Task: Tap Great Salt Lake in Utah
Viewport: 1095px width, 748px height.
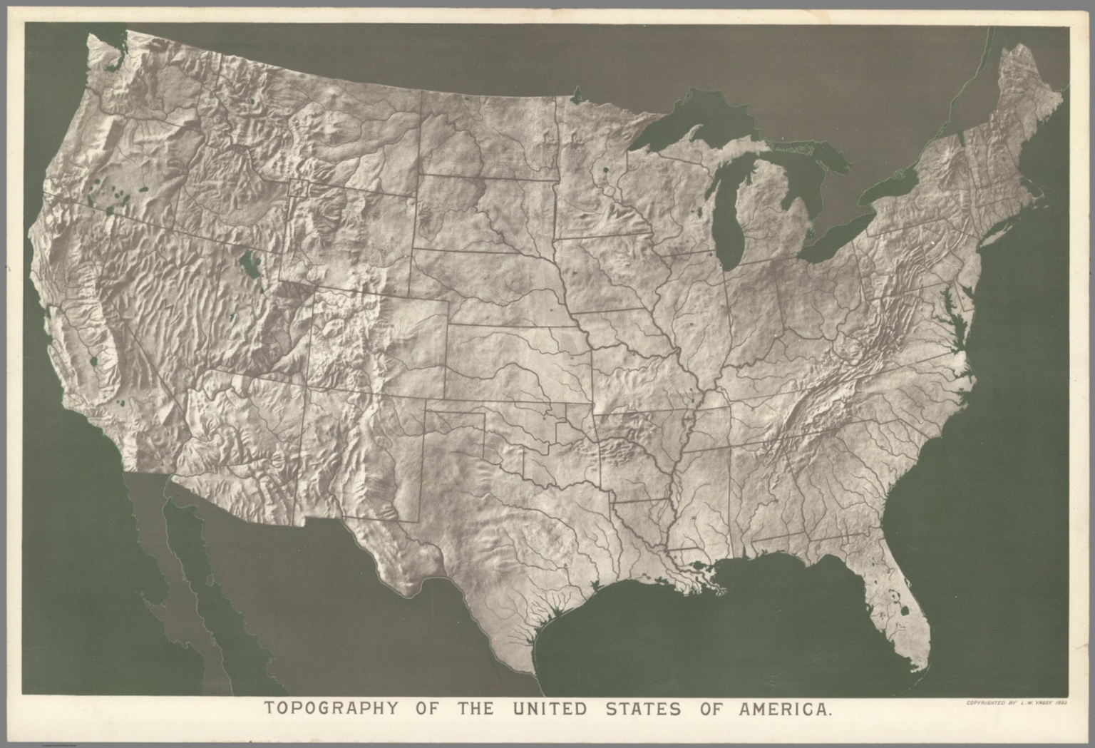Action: point(250,265)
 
